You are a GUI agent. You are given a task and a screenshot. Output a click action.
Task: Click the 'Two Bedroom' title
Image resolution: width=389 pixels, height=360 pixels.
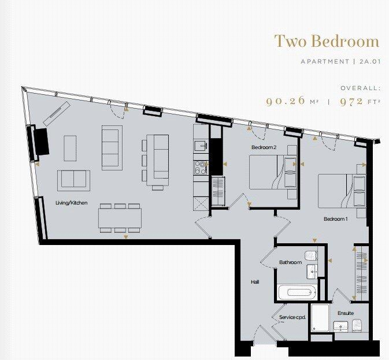(x=327, y=42)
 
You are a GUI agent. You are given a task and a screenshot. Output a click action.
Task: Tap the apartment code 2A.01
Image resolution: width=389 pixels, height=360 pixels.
(x=367, y=62)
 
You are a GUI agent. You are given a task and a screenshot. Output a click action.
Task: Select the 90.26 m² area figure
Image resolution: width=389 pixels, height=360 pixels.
(x=292, y=101)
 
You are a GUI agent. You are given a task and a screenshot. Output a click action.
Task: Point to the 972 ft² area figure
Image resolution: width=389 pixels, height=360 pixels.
(x=359, y=101)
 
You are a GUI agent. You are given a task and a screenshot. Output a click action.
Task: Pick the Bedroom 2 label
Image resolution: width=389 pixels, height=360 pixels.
(x=264, y=148)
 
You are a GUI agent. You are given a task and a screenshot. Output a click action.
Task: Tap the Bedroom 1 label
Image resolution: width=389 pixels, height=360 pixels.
(x=336, y=219)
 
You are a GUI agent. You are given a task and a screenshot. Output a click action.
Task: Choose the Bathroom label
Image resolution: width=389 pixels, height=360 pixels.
(x=290, y=262)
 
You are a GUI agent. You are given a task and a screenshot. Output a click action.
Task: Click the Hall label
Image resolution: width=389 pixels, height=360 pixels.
(x=255, y=282)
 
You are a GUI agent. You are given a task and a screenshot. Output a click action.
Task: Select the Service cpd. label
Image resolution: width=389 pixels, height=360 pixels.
(x=292, y=318)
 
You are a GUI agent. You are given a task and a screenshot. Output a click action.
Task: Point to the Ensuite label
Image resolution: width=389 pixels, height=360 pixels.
(x=346, y=313)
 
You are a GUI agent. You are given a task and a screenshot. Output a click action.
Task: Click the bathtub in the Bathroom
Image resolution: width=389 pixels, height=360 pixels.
(x=297, y=292)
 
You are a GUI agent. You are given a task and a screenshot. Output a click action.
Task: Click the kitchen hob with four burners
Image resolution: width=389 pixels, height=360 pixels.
(x=201, y=167)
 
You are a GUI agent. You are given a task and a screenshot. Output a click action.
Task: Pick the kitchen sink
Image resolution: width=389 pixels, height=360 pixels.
(x=200, y=146)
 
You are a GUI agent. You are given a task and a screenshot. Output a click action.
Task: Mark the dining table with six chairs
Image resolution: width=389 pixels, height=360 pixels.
(x=120, y=218)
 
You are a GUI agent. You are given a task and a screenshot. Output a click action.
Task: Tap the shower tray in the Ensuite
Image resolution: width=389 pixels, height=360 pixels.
(x=320, y=317)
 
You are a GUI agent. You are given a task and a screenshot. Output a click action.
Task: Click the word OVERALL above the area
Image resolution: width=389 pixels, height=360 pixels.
(x=360, y=88)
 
